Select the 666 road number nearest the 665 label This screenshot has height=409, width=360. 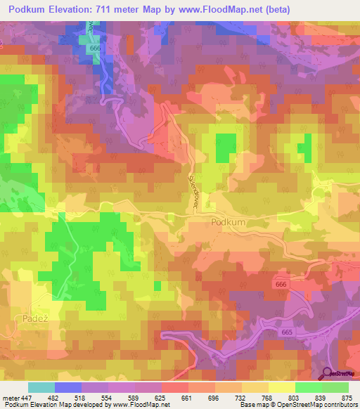(x=281, y=283)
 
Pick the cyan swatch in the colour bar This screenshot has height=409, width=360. (x=41, y=388)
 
